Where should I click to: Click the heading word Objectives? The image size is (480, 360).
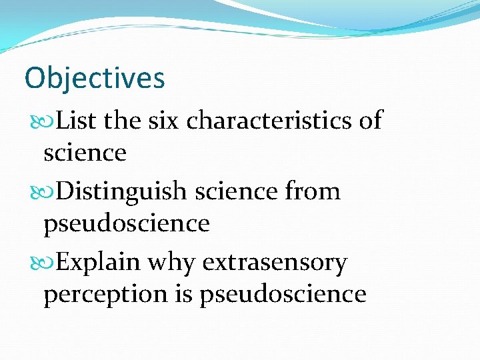(x=94, y=79)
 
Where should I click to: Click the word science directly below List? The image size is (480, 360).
(x=85, y=153)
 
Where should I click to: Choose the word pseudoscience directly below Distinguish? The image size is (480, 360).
(x=127, y=223)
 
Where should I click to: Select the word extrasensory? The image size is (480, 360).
(x=274, y=263)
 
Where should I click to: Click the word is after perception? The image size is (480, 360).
(x=182, y=293)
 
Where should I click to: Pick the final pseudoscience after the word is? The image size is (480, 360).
(x=283, y=294)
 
